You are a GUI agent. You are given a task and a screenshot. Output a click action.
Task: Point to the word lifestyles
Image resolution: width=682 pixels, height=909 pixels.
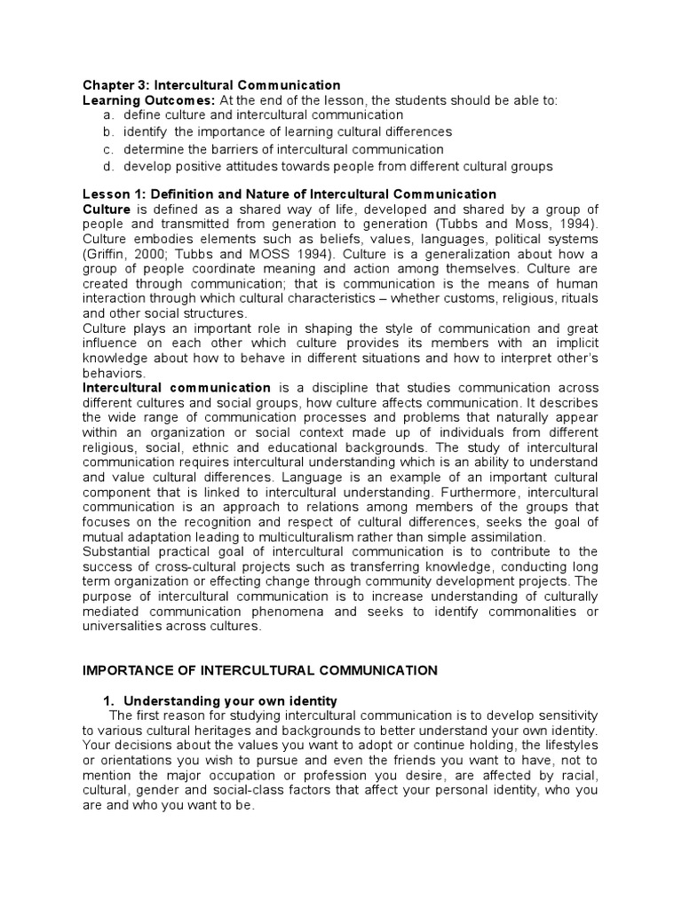coord(567,746)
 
